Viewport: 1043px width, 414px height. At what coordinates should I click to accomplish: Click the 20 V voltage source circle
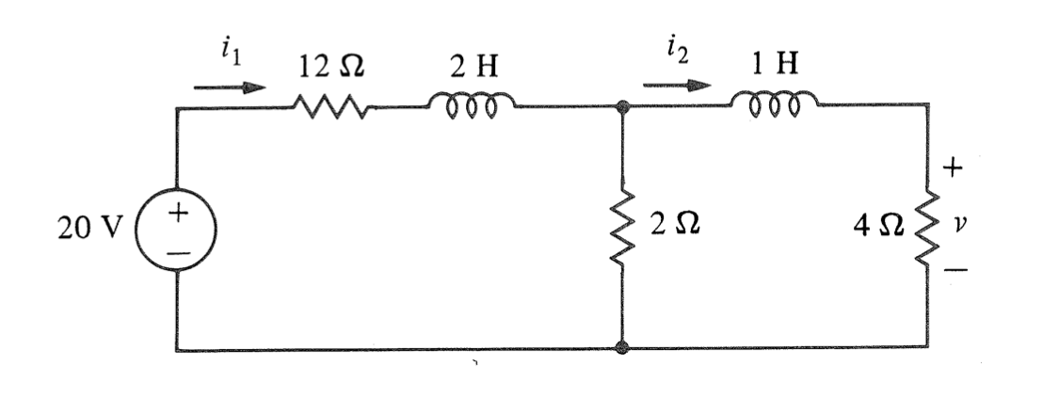coord(177,229)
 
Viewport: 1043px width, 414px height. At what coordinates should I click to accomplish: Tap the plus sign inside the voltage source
coord(177,215)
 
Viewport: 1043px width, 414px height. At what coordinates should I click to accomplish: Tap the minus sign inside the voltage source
coord(177,250)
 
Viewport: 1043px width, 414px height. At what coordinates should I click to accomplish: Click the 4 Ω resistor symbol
coord(928,227)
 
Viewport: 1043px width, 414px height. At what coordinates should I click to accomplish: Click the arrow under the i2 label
coord(675,85)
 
